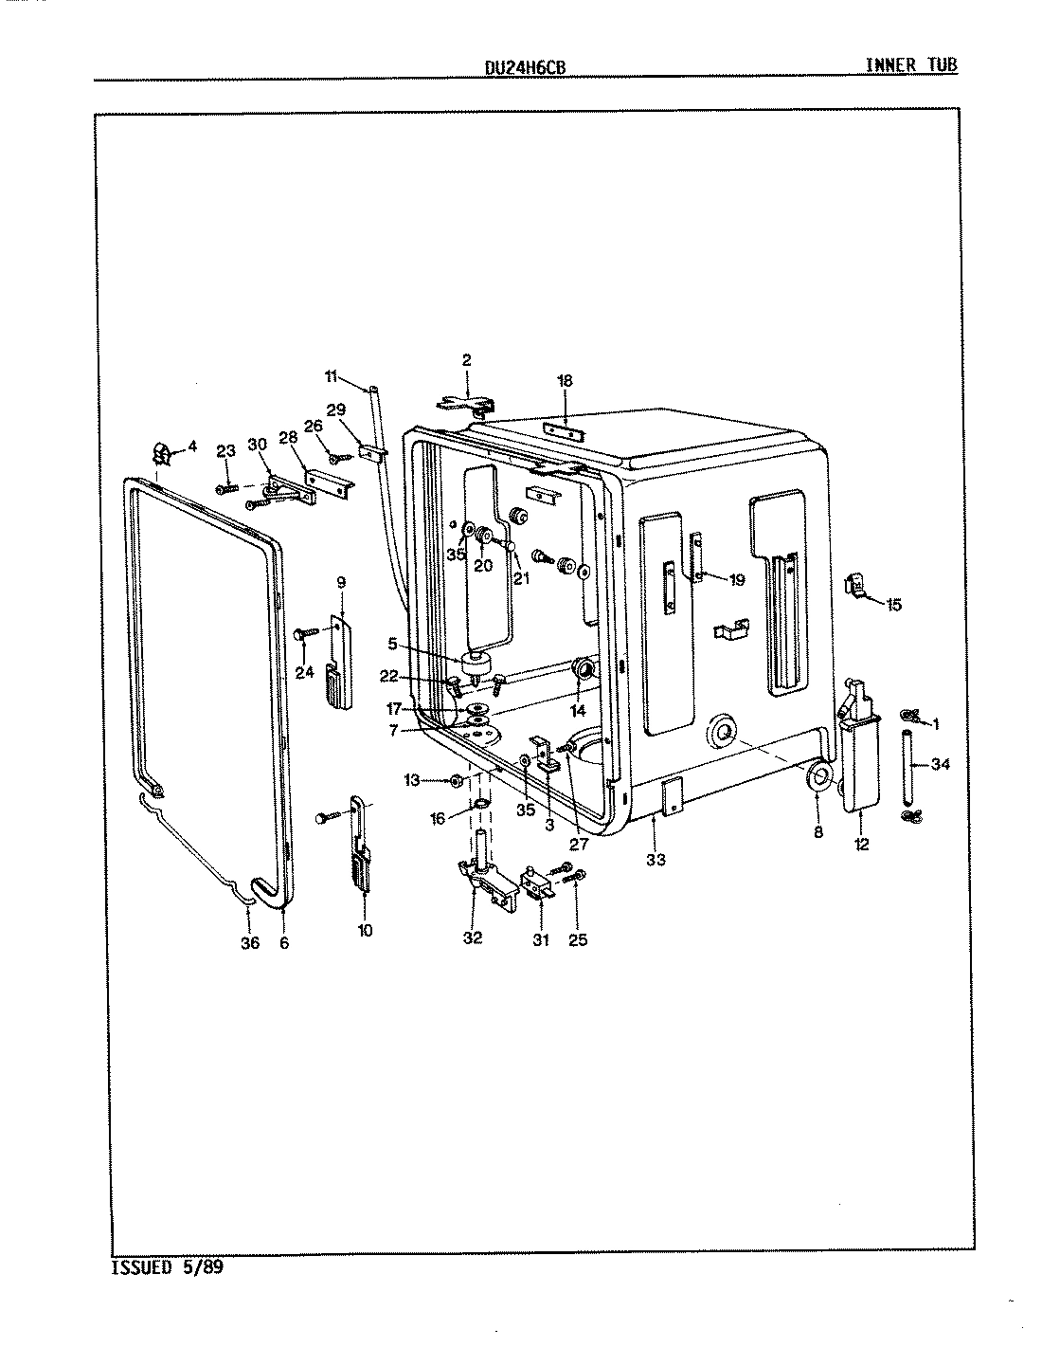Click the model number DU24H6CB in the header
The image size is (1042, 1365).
click(520, 66)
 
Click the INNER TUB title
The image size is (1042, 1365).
click(910, 64)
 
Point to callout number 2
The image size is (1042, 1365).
click(467, 359)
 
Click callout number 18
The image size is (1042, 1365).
click(565, 380)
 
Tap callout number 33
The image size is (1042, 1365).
click(656, 860)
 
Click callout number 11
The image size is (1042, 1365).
click(331, 376)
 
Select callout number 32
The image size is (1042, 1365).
click(473, 937)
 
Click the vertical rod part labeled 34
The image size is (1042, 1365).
click(910, 764)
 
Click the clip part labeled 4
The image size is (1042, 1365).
click(163, 454)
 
